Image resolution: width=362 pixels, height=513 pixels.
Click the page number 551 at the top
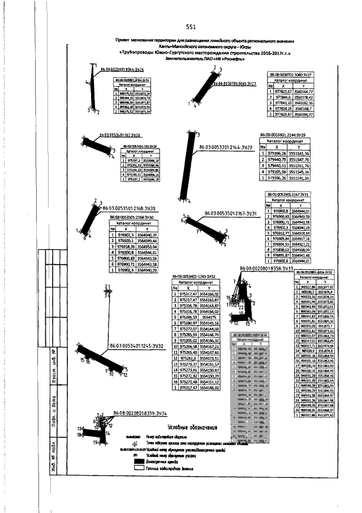[x=190, y=27]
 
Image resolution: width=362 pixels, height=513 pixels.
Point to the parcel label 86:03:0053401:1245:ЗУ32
[x=136, y=346]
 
